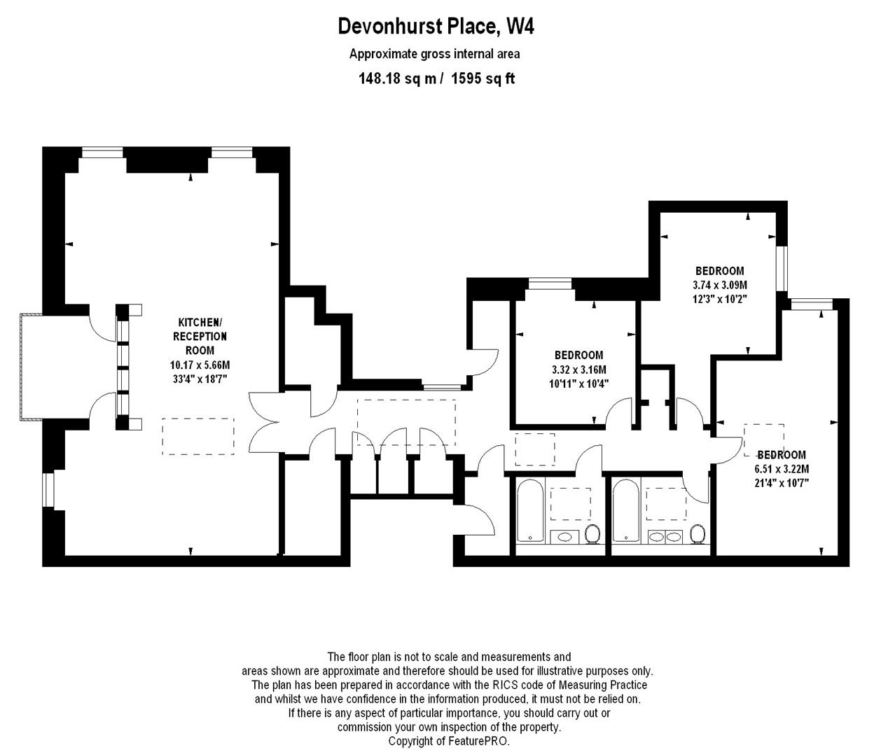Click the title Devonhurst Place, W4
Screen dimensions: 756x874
point(436,26)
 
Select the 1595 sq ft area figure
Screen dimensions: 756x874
point(483,78)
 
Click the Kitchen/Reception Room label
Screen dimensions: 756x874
point(200,336)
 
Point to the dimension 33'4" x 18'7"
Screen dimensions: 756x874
point(200,379)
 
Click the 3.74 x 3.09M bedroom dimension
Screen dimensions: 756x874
point(719,285)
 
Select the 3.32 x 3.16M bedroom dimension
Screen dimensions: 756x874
point(578,370)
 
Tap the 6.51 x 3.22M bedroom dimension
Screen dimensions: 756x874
point(781,469)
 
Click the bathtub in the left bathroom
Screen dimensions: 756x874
point(529,510)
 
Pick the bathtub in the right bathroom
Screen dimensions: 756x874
point(625,510)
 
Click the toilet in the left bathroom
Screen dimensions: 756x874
point(592,534)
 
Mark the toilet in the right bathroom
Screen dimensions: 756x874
point(697,534)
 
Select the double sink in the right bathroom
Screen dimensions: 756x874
point(665,537)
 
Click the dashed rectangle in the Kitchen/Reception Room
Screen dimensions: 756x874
point(198,436)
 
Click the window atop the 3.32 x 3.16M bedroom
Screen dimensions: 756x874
point(549,283)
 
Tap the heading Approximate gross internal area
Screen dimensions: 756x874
point(434,54)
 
